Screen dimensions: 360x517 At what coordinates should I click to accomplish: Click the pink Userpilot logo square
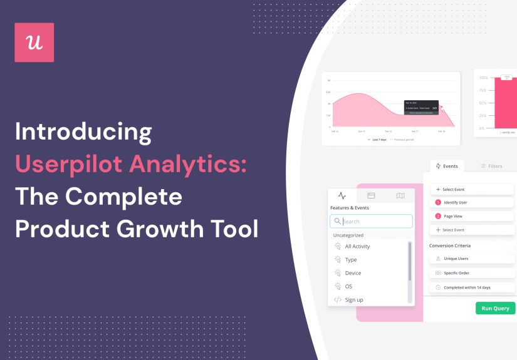[34, 43]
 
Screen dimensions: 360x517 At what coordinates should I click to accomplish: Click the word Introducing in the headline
[83, 133]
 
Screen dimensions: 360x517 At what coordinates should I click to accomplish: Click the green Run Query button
[495, 308]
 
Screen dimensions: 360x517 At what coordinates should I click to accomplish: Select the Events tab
[447, 166]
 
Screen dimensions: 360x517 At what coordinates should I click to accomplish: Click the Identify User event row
[471, 202]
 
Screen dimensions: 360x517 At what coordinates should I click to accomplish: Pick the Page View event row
[471, 216]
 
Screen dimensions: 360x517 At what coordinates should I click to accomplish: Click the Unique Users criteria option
[471, 258]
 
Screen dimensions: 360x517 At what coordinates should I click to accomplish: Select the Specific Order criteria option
[471, 273]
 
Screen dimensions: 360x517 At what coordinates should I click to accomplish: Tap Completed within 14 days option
[471, 287]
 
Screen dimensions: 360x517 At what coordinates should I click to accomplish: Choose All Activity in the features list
[357, 247]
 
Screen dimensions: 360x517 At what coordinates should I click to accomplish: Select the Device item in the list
[353, 273]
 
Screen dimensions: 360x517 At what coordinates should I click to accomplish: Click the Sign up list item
[353, 300]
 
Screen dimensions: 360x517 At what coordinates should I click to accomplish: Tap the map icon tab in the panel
[400, 196]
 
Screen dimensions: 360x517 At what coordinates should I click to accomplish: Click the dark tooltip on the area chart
[421, 108]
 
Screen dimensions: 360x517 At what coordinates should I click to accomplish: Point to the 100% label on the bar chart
[483, 78]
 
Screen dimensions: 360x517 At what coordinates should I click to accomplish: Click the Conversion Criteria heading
[449, 245]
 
